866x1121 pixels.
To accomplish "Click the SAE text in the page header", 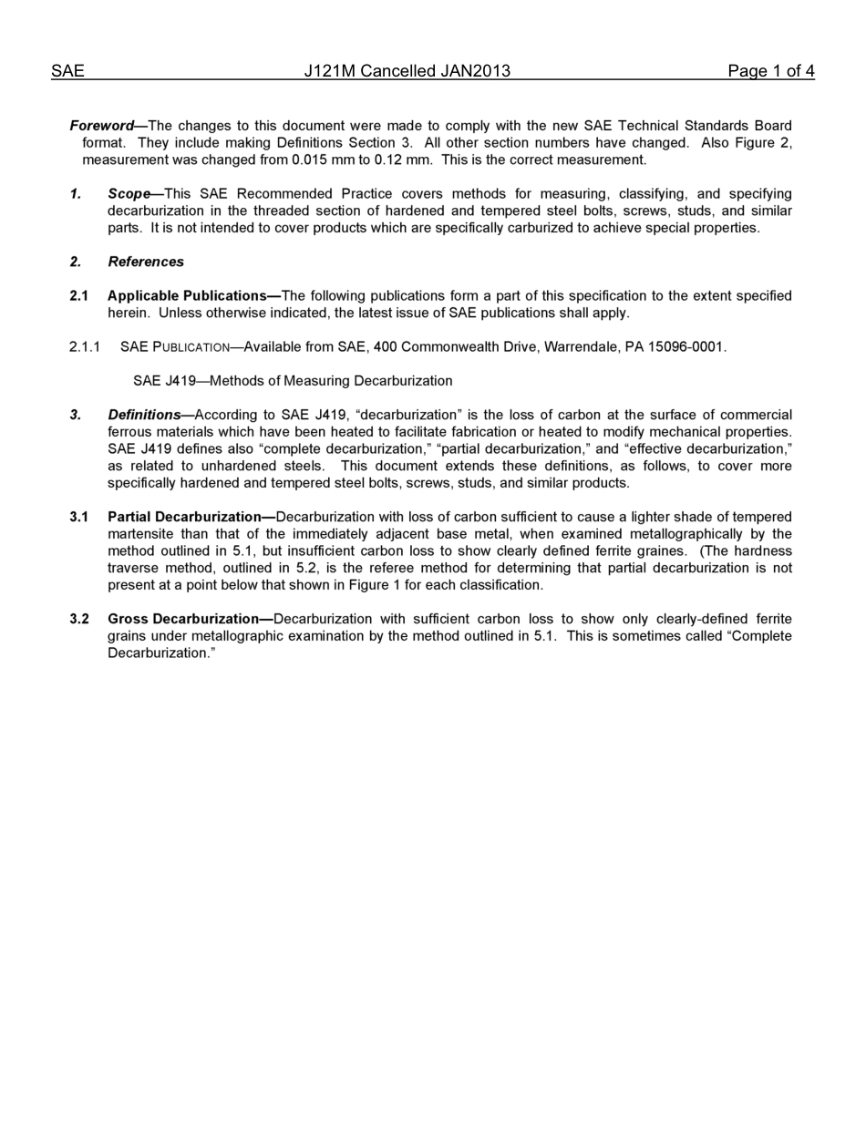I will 67,71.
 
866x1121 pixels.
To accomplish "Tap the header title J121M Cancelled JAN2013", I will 407,71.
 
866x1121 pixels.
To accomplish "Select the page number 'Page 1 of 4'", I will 770,71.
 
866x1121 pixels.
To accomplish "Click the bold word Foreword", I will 101,126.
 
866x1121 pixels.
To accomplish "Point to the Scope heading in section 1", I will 129,194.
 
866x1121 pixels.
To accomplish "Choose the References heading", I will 146,262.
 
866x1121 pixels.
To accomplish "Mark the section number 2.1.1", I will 85,347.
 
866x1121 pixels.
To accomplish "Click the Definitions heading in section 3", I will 144,416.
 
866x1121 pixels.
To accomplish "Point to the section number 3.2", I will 79,620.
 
